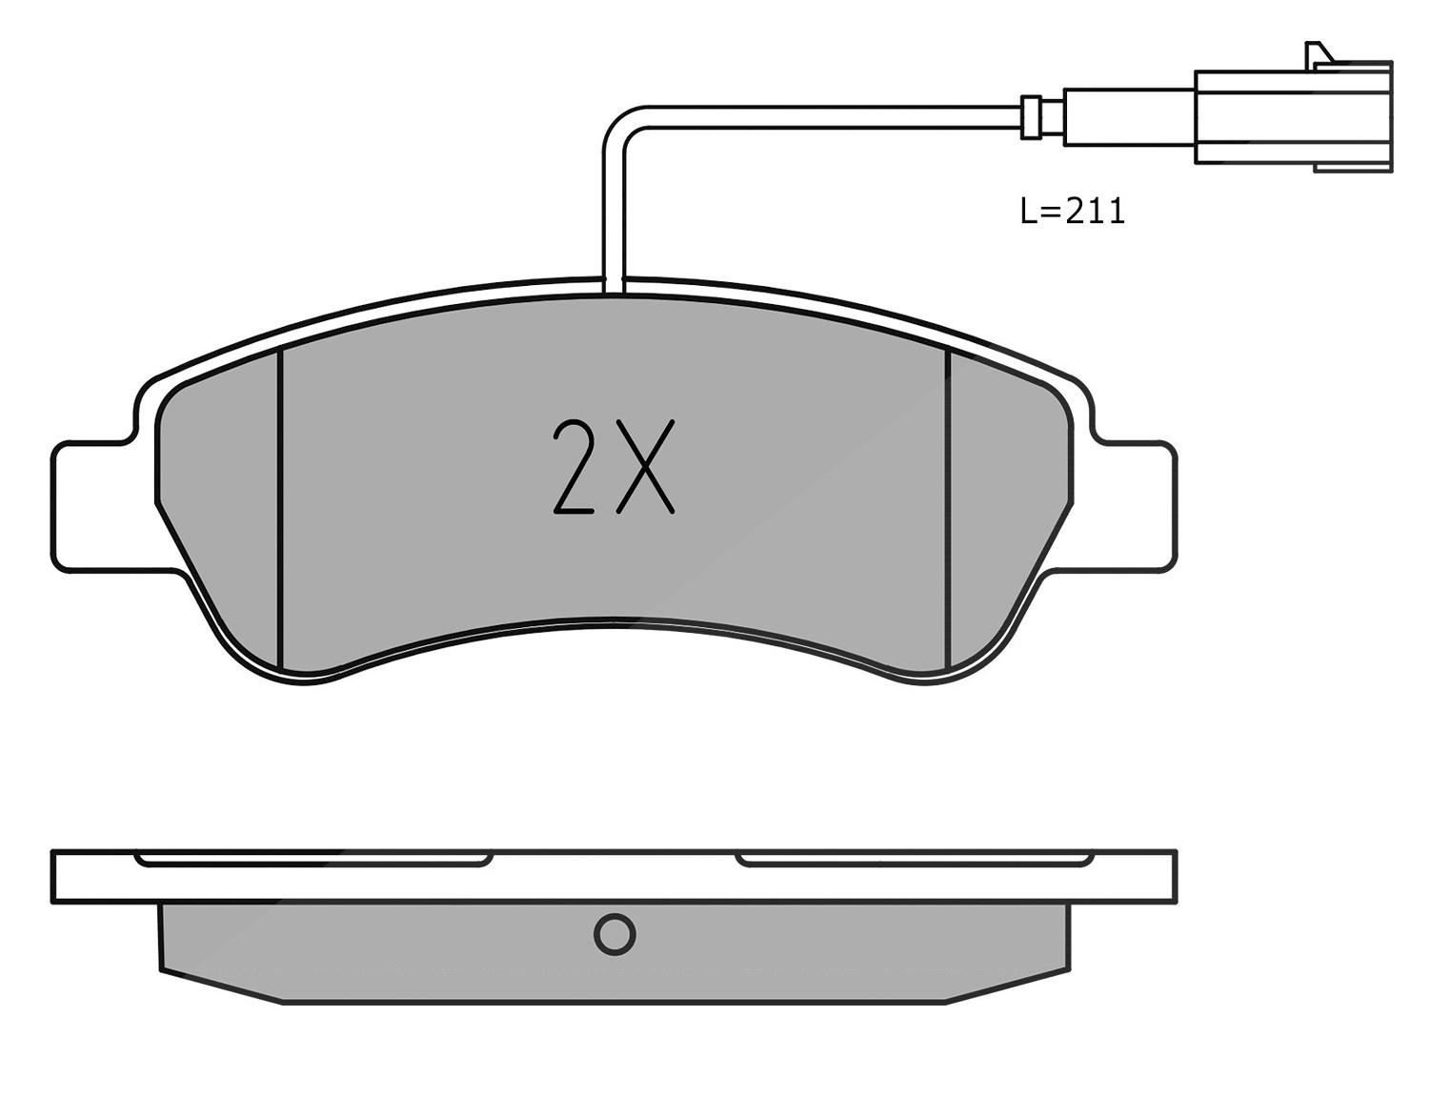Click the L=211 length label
click(1072, 211)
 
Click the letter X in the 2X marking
click(646, 466)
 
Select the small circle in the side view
click(614, 934)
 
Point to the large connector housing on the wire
click(1293, 117)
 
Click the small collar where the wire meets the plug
click(1031, 116)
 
